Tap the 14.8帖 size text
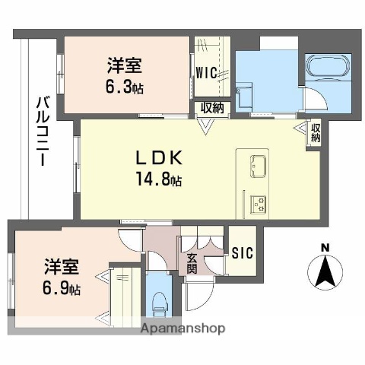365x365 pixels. (x=158, y=180)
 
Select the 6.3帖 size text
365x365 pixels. (x=125, y=87)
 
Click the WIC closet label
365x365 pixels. (x=205, y=73)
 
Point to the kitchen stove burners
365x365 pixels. (x=259, y=203)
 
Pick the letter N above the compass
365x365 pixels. (x=325, y=247)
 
